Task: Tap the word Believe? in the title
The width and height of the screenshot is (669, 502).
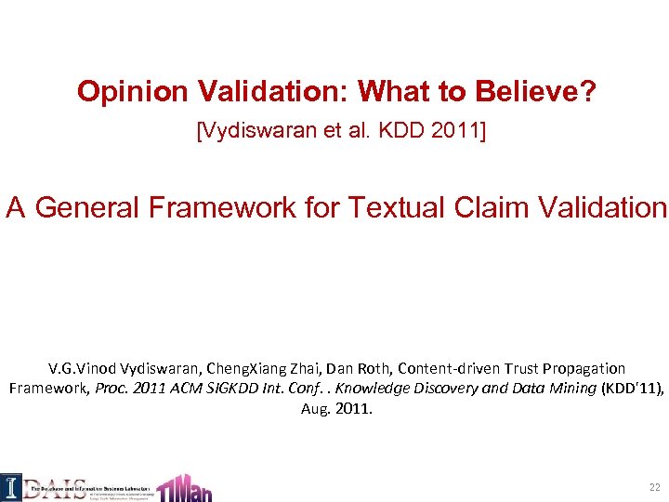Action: click(x=534, y=91)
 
